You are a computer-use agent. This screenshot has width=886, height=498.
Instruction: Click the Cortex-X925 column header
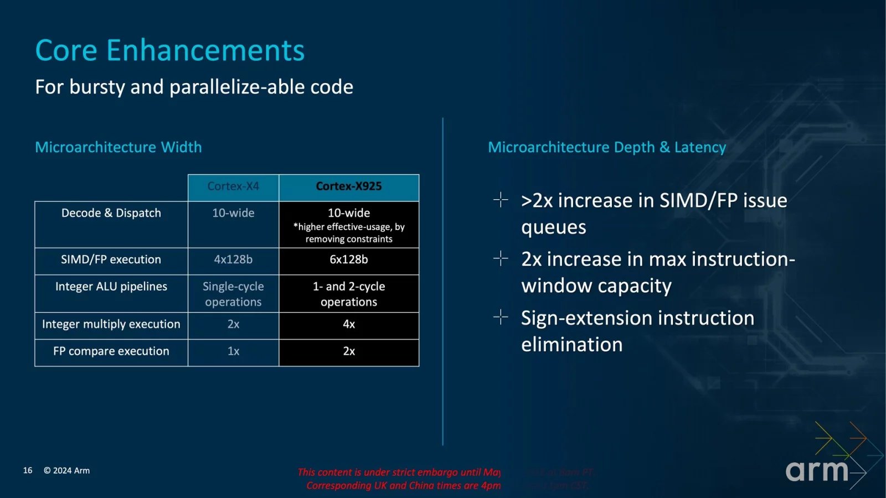[349, 186]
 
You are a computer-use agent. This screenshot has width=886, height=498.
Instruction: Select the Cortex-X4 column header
[233, 186]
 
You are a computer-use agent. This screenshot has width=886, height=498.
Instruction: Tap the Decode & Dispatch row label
[111, 213]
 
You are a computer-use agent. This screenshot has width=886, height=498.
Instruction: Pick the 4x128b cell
[233, 260]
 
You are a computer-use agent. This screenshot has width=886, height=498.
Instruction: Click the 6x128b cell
[349, 260]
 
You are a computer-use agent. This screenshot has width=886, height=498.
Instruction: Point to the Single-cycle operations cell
[233, 294]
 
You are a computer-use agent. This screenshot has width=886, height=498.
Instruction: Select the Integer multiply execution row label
[111, 324]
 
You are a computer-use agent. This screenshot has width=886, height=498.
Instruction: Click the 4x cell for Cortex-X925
[349, 324]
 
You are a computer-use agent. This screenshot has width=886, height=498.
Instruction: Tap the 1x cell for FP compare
[233, 351]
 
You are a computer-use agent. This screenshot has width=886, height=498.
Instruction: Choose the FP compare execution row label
[111, 351]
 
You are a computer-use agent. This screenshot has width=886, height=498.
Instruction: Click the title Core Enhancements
[170, 50]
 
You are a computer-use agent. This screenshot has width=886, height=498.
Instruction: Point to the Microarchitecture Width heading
[119, 147]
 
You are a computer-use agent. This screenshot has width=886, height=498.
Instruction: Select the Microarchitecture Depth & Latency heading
[607, 147]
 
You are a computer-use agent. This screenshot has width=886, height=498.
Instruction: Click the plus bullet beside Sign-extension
[501, 317]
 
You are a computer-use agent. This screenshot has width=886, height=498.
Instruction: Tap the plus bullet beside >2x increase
[501, 200]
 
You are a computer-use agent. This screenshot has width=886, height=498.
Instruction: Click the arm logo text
[817, 471]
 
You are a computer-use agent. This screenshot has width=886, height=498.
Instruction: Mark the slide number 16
[28, 470]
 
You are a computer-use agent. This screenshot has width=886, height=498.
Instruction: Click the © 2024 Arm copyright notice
[66, 470]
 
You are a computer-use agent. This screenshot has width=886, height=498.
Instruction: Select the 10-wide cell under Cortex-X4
[233, 213]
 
